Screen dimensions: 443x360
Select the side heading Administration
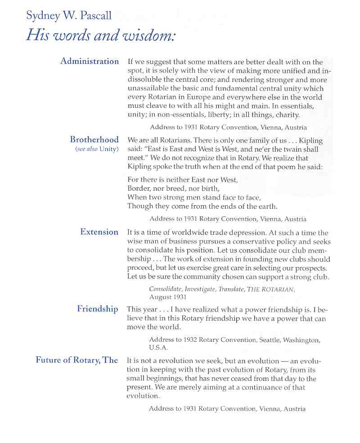[90, 61]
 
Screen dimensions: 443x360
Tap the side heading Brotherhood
[94, 139]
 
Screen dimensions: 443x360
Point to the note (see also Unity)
[97, 149]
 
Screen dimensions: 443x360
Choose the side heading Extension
[99, 232]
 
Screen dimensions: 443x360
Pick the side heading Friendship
[97, 309]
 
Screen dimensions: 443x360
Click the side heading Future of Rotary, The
[76, 360]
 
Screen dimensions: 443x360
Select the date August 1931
[167, 297]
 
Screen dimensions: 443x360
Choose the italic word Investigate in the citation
[200, 289]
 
